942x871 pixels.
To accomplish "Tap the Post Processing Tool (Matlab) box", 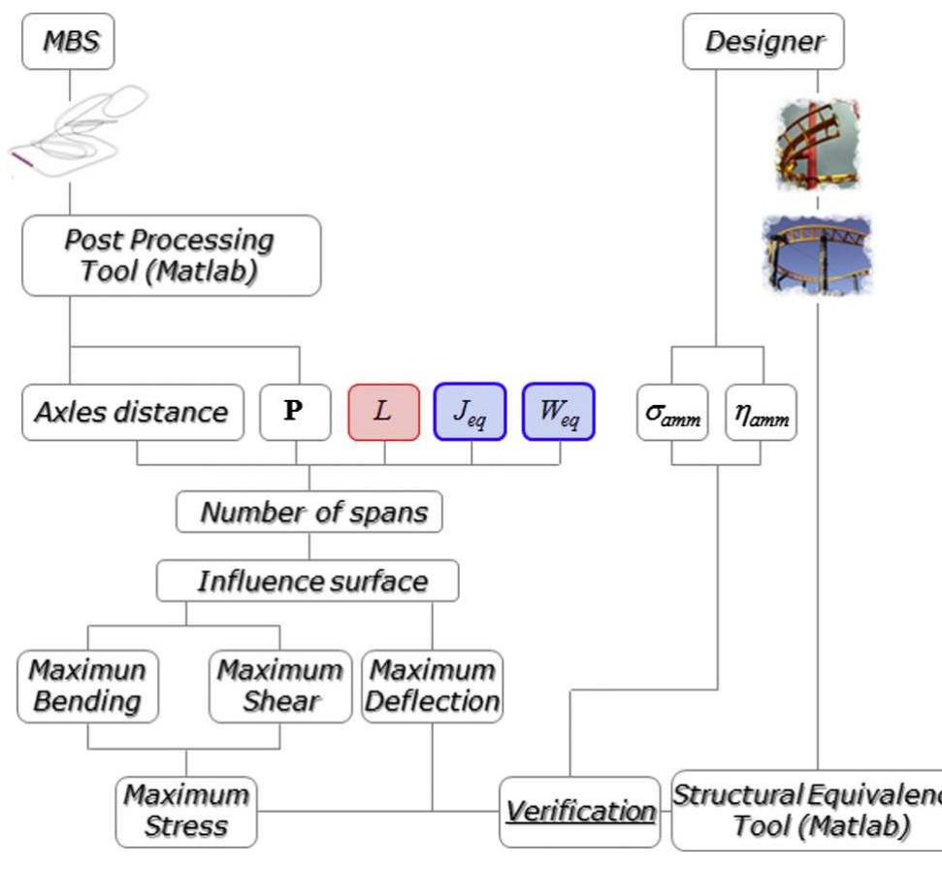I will (x=171, y=255).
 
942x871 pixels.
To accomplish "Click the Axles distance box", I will (x=132, y=412).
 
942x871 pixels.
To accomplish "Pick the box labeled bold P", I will (x=292, y=412).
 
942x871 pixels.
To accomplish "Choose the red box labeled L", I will (x=383, y=412).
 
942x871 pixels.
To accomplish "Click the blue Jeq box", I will (x=470, y=412).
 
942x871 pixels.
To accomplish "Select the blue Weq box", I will (x=558, y=412).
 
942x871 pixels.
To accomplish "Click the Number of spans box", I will (x=309, y=512).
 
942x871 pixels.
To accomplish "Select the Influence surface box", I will (x=308, y=581).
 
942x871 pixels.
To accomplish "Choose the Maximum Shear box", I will (x=279, y=687).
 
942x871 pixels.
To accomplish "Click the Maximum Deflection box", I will (x=433, y=687).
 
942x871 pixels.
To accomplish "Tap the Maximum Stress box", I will (x=186, y=811).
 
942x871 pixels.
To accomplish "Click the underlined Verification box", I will (x=579, y=811).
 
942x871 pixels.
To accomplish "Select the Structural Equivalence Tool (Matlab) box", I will (x=805, y=810).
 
